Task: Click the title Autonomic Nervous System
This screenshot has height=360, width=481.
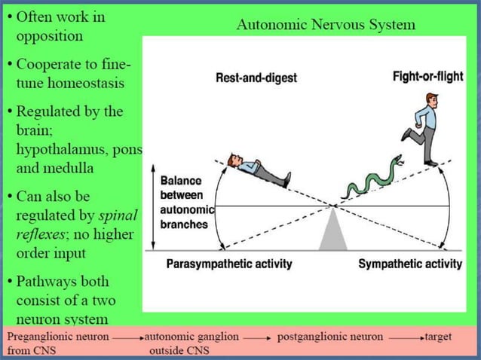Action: (326, 25)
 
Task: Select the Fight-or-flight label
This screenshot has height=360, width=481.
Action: (427, 77)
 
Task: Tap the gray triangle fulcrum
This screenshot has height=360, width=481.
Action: (332, 232)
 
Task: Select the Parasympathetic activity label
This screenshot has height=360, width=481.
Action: (228, 264)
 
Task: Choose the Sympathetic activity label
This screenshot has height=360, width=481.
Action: (409, 264)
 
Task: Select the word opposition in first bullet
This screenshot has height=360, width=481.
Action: (50, 35)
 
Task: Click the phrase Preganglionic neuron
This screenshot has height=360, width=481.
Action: (57, 336)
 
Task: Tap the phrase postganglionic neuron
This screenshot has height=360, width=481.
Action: (330, 336)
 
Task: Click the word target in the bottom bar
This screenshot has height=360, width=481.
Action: (438, 336)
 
